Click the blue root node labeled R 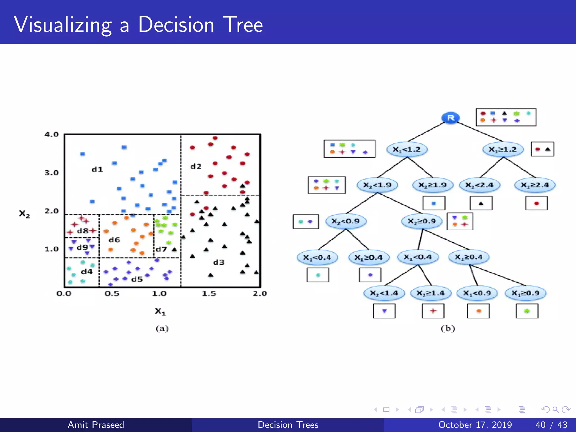click(451, 118)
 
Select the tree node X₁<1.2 click(407, 149)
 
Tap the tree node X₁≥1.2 click(503, 149)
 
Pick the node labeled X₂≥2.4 click(535, 185)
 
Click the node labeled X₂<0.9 click(345, 221)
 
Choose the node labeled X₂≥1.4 click(431, 293)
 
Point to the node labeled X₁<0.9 click(477, 293)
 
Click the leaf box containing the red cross click(433, 311)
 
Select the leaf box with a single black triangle click(481, 203)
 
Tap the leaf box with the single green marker click(527, 311)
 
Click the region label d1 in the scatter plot click(97, 169)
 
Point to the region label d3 click(219, 262)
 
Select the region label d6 click(114, 240)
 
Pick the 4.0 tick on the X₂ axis click(51, 134)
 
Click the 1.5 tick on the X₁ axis click(209, 294)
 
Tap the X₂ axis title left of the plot click(24, 214)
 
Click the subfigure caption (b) click(448, 328)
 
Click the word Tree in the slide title click(243, 25)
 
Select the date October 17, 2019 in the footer click(475, 425)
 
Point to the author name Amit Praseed click(96, 425)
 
